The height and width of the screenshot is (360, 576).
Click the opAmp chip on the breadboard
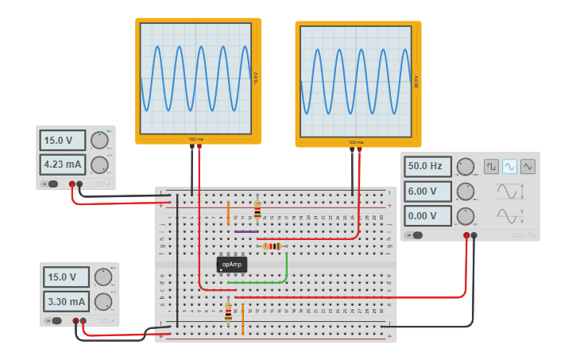(231, 264)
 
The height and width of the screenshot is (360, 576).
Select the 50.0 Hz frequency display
(427, 167)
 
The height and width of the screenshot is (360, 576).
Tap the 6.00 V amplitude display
(427, 192)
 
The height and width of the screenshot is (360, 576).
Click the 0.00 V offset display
(427, 216)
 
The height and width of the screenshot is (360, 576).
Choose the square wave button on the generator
(491, 166)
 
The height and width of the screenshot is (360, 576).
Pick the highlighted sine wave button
(509, 166)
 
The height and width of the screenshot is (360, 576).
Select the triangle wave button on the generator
(528, 166)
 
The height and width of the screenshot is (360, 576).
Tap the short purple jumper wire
(246, 231)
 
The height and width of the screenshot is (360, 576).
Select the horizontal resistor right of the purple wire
(273, 246)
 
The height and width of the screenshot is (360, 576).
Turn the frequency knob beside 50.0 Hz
(466, 167)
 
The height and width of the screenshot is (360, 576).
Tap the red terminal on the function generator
(466, 235)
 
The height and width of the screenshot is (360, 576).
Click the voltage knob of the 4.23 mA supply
(99, 140)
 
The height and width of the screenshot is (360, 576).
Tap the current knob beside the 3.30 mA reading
(103, 302)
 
